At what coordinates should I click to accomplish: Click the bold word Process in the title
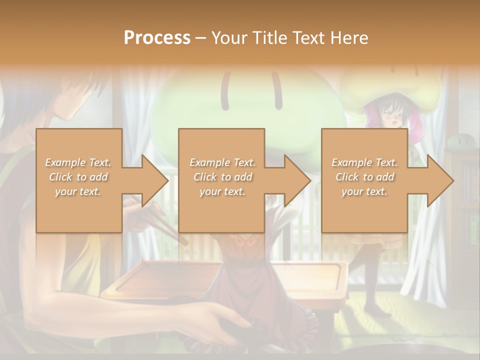tap(157, 38)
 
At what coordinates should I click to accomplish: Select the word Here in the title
tap(349, 38)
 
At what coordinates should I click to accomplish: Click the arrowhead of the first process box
tap(155, 180)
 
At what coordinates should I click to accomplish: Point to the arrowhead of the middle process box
tap(298, 180)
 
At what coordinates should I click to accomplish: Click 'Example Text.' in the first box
tap(78, 162)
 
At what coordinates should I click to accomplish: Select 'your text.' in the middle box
tap(222, 191)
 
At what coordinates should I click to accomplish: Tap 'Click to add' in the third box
tap(364, 177)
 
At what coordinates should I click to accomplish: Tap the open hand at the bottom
tap(225, 320)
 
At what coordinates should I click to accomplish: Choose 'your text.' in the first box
tap(78, 191)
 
